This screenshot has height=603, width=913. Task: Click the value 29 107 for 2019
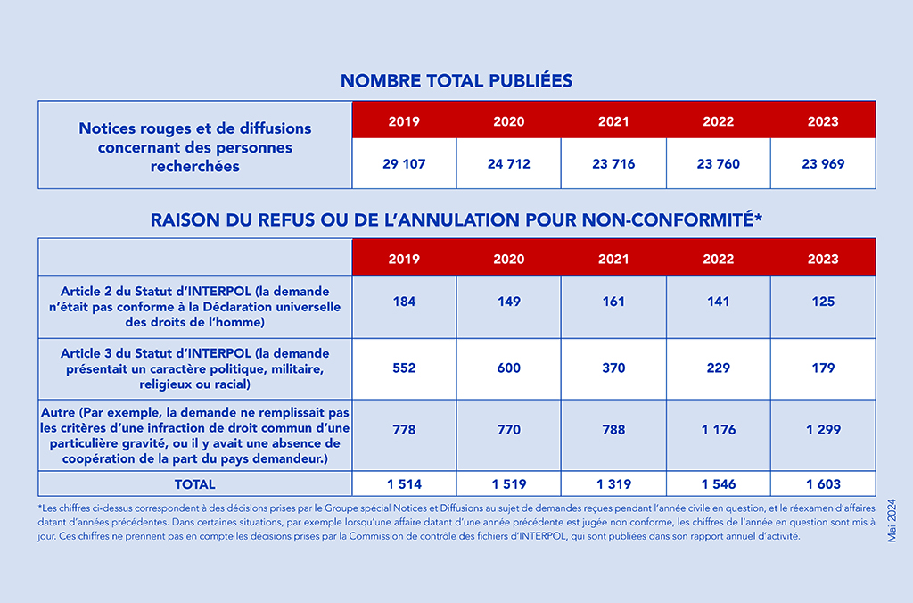(404, 164)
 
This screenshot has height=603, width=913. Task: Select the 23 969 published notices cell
(823, 164)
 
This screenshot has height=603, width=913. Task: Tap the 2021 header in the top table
(613, 121)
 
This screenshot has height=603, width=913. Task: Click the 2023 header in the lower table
(823, 259)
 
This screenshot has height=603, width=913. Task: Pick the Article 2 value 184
(404, 301)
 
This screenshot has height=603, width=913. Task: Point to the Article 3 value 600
(509, 368)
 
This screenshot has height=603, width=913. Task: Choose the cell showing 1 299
(823, 429)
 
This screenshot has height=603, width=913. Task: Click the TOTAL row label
(195, 484)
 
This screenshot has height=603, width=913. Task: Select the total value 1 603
(823, 484)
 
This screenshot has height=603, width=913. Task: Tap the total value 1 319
(613, 484)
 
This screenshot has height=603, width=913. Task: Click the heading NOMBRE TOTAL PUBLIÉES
(456, 80)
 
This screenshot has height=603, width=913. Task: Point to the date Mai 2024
(892, 521)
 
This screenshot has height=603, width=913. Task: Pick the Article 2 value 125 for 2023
(823, 301)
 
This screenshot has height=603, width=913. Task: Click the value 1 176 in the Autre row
(719, 429)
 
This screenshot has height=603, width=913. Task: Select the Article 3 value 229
(719, 368)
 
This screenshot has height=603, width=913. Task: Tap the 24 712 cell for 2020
(509, 164)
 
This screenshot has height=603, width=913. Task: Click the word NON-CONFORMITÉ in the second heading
(672, 219)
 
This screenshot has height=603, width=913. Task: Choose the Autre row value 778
(404, 429)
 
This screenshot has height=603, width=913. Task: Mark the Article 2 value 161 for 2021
(613, 301)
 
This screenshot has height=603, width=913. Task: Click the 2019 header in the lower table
(404, 259)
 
